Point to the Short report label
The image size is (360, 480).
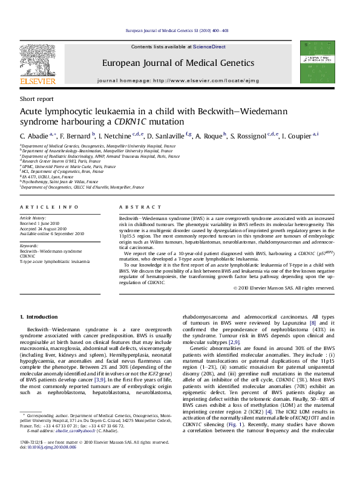coord(35,99)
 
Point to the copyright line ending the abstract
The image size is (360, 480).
coord(283,288)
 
